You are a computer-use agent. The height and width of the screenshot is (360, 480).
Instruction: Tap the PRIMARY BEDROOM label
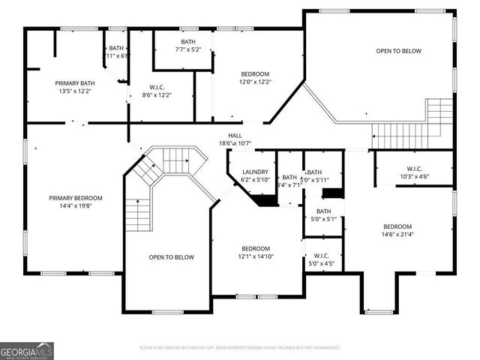(76, 198)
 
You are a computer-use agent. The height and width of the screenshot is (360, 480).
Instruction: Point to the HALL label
(235, 135)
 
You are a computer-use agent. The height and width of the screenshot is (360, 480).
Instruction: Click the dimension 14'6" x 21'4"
(397, 235)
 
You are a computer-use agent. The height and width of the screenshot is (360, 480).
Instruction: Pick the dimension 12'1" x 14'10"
(256, 256)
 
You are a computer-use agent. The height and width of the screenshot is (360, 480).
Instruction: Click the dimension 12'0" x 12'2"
(255, 82)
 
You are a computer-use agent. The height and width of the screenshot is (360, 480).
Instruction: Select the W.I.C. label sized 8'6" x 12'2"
(157, 95)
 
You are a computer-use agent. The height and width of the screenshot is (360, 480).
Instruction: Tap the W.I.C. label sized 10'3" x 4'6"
(414, 177)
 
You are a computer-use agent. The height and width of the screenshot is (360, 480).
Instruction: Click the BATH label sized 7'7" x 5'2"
(188, 42)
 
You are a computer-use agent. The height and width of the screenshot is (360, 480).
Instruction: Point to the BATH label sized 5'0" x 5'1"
(323, 211)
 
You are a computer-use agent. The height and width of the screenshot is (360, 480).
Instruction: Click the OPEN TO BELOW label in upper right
(398, 51)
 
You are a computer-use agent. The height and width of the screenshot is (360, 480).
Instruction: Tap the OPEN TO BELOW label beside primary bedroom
(171, 257)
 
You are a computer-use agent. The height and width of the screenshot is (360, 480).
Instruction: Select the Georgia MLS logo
(27, 350)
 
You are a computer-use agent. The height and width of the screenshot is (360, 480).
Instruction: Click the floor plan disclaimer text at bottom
(240, 348)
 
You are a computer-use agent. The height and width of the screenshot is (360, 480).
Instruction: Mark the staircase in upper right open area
(412, 126)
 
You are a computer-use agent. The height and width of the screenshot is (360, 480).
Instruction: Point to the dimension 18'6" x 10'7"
(235, 143)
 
